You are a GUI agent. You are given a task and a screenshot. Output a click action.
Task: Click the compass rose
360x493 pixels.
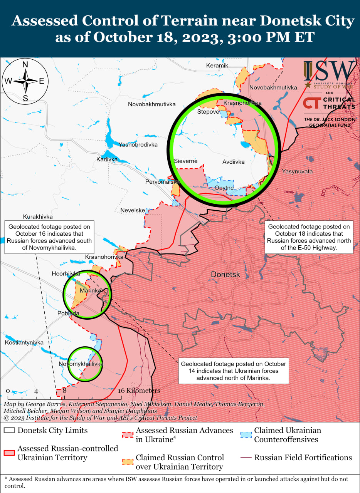tap(25, 81)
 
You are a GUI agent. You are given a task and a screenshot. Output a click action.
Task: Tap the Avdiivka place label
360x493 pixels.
tap(233, 162)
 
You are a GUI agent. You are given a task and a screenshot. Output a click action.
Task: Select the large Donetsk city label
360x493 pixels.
tap(225, 275)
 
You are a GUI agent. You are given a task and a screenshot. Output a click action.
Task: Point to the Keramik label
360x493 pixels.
tap(217, 65)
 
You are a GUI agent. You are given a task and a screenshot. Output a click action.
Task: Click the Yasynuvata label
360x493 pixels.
tap(297, 171)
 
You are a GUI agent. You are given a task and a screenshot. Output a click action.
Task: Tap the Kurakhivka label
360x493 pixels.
tap(38, 217)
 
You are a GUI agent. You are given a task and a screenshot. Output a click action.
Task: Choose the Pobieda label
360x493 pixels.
tap(68, 313)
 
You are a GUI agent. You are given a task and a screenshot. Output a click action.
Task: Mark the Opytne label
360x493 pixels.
tap(224, 188)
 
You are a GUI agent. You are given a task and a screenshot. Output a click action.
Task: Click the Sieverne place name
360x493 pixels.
tap(185, 161)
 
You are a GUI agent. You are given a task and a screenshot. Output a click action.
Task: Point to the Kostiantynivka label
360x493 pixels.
tap(24, 342)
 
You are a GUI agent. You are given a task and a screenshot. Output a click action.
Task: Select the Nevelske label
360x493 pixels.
tap(133, 210)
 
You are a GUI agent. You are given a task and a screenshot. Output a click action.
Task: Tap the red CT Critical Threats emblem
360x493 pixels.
tap(310, 103)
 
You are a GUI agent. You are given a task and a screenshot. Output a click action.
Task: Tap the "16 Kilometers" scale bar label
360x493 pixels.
tap(139, 391)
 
